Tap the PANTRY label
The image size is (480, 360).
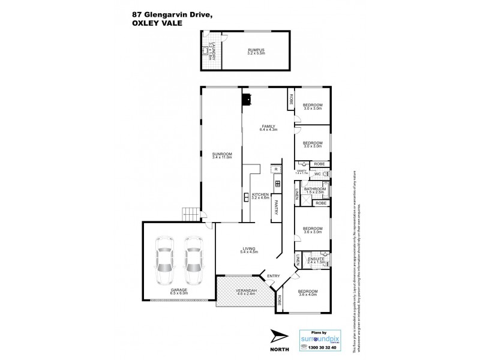coord(276,208)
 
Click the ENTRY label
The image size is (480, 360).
coord(274,277)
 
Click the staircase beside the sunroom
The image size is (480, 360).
coord(190,213)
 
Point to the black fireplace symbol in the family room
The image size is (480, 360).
coord(245,100)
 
